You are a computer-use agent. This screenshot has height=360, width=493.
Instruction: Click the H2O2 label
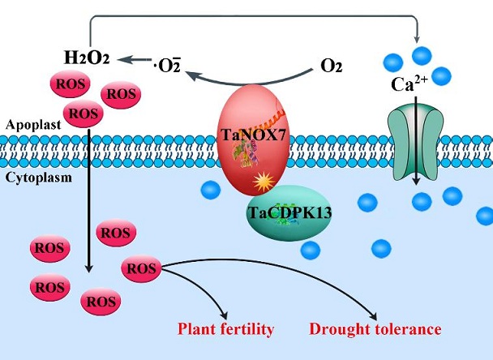pos(86,57)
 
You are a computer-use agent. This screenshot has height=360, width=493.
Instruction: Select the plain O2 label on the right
pos(329,63)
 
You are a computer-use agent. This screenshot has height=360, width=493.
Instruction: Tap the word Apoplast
pos(31,126)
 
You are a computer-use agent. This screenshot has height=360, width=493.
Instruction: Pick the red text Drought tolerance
pos(375,329)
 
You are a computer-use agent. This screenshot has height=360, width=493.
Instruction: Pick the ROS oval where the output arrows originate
pos(141,268)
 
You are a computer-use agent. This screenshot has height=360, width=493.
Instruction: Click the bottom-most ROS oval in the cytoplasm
pos(101,302)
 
